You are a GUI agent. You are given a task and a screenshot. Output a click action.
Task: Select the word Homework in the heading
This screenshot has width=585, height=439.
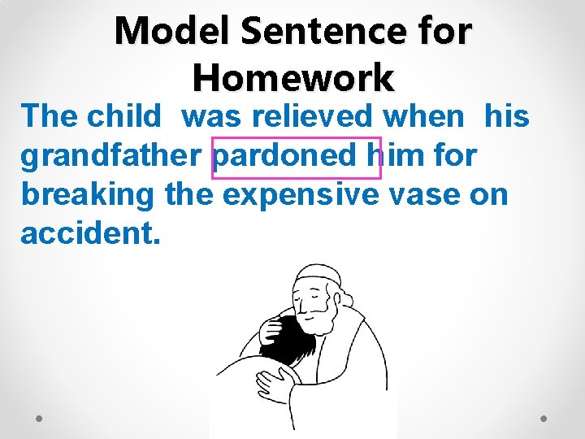click(x=293, y=78)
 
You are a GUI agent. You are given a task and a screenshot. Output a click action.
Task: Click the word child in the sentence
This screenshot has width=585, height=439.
click(x=124, y=117)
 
